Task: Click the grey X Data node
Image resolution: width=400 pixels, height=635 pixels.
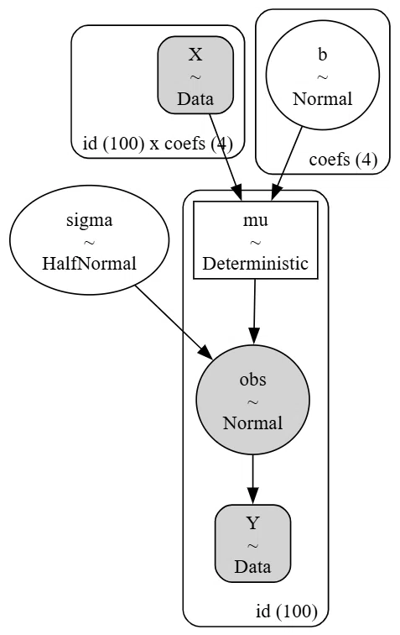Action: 195,75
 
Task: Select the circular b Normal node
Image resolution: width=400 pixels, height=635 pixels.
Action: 322,75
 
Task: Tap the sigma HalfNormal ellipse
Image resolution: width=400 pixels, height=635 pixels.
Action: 90,239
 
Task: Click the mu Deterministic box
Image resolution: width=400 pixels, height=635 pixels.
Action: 256,240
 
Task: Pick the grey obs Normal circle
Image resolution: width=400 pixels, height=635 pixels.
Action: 252,400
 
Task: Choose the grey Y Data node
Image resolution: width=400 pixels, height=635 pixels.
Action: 252,543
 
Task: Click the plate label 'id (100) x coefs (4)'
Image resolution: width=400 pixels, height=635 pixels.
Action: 158,144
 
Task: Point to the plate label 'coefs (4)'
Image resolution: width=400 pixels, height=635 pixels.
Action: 343,160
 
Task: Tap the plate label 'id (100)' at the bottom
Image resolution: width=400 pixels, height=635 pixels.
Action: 286,611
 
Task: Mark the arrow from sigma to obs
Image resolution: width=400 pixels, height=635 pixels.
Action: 174,323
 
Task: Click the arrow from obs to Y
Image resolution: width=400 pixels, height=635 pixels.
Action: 252,480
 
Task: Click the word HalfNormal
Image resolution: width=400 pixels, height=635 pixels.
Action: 89,264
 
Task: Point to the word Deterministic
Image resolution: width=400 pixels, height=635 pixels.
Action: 256,264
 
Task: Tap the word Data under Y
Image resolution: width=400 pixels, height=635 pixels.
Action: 252,567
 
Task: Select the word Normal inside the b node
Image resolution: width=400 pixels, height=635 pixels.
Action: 322,99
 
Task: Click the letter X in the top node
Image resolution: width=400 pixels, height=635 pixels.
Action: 195,55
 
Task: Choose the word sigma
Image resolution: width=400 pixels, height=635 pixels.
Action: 90,221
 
